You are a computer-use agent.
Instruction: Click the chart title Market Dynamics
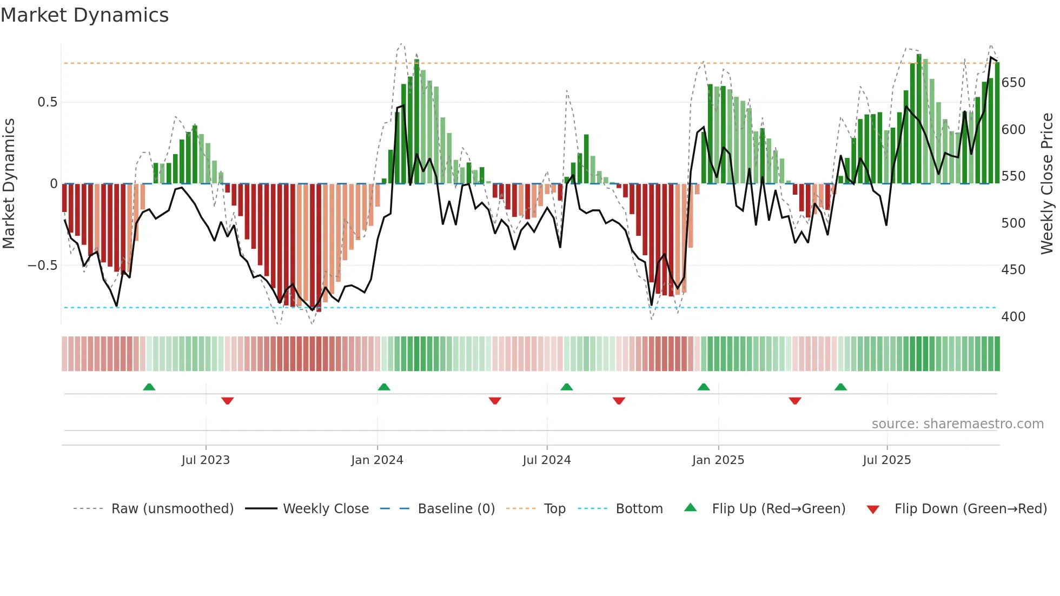[84, 15]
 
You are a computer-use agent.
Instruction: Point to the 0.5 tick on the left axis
[47, 102]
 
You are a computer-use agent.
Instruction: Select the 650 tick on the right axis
[1013, 83]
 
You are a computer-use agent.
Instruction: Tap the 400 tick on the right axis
[1013, 317]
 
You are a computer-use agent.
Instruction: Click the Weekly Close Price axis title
[1047, 184]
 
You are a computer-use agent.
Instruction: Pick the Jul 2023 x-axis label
[206, 460]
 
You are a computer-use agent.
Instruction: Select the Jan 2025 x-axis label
[718, 460]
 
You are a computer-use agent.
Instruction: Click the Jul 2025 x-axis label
[886, 460]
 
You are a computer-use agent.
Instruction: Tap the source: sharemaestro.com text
[957, 424]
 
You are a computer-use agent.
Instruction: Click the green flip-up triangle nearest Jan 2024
[383, 387]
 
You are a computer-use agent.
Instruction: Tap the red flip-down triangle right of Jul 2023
[227, 401]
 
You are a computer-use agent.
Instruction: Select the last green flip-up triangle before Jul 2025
[840, 387]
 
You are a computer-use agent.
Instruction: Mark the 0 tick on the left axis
[54, 184]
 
